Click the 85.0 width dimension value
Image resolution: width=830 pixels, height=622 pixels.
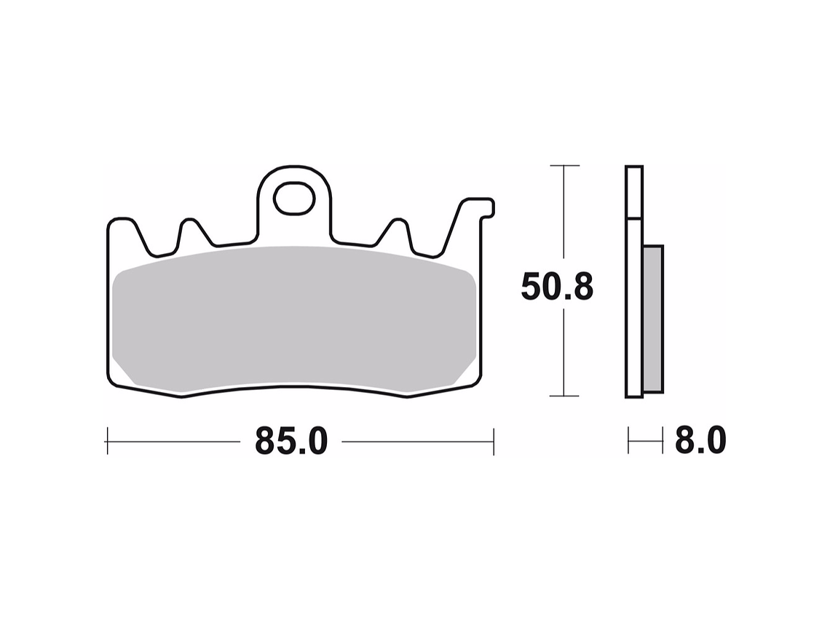(x=291, y=441)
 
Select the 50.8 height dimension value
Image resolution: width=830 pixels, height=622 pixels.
(x=557, y=287)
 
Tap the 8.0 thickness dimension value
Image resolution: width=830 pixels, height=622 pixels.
(x=699, y=441)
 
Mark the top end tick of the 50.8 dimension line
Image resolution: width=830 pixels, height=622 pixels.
(x=564, y=166)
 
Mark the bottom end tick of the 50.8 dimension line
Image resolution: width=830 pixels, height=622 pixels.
(x=564, y=396)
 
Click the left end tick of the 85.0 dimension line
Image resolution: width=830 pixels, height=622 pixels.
(x=107, y=441)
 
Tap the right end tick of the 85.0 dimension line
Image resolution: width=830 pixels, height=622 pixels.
(x=494, y=441)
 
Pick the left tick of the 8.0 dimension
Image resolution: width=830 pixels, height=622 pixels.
(x=628, y=441)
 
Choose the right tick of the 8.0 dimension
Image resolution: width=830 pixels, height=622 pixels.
(x=663, y=441)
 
